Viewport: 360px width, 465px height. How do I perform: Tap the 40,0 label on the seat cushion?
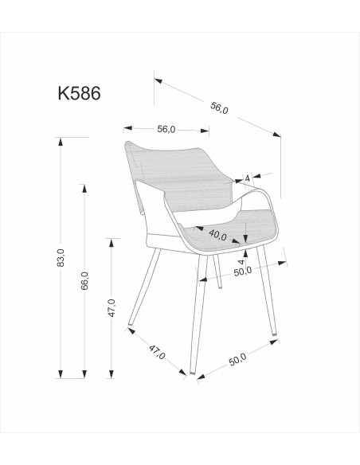pos(217,236)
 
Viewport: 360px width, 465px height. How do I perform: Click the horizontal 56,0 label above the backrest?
pos(166,129)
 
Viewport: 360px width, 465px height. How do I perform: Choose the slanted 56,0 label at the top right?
pos(218,104)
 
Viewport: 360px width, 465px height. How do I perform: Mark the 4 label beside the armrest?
pos(248,178)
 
